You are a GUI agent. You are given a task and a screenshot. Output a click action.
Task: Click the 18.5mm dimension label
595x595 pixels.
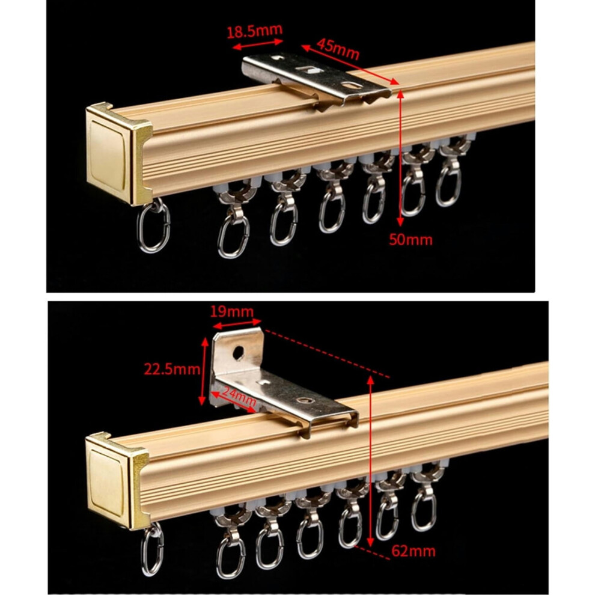[x=255, y=31]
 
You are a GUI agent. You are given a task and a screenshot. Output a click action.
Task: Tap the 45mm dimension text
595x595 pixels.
[x=338, y=49]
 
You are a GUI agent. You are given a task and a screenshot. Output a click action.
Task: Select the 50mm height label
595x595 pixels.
[x=410, y=240]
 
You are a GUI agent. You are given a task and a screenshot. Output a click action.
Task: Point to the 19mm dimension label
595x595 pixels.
[x=231, y=312]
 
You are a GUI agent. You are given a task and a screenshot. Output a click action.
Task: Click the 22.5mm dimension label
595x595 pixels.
[x=172, y=368]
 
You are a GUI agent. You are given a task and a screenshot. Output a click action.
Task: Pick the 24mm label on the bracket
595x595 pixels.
[x=239, y=395]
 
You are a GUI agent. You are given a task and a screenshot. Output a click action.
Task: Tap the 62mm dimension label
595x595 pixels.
[x=413, y=551]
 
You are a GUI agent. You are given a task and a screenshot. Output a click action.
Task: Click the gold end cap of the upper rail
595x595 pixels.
[x=118, y=153]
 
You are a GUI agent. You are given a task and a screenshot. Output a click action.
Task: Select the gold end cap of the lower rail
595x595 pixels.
[x=117, y=481]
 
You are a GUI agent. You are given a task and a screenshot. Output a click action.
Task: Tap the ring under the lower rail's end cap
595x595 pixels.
[x=153, y=549]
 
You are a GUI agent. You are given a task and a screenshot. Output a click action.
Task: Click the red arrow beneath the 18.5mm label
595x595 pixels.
[x=258, y=44]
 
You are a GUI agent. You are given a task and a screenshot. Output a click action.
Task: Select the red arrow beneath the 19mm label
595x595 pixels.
[x=237, y=324]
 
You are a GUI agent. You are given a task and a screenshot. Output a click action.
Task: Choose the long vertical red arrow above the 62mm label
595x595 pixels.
[x=371, y=461]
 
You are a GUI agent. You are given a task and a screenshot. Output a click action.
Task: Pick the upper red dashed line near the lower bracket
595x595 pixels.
[x=327, y=354]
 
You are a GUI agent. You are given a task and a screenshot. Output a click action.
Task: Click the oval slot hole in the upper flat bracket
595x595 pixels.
[x=352, y=85]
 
